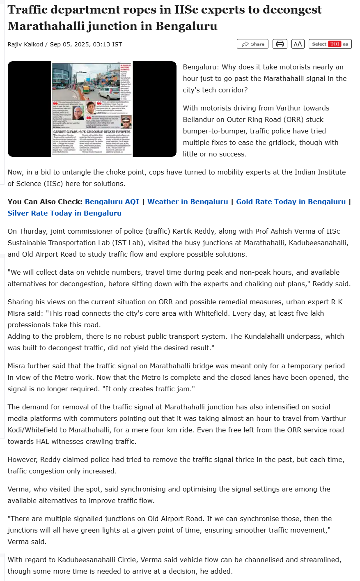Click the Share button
[x=253, y=44]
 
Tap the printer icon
[x=280, y=44]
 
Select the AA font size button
[x=298, y=44]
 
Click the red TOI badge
[x=335, y=44]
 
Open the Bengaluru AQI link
[x=112, y=202]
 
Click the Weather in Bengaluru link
[x=188, y=202]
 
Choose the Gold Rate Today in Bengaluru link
[x=291, y=202]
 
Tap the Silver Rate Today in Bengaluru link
[x=64, y=213]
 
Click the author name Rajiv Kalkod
[x=25, y=44]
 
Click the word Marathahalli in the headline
[x=46, y=26]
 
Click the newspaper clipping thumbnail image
[x=92, y=109]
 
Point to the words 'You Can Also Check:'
[x=45, y=202]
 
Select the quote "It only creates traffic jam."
[x=150, y=389]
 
